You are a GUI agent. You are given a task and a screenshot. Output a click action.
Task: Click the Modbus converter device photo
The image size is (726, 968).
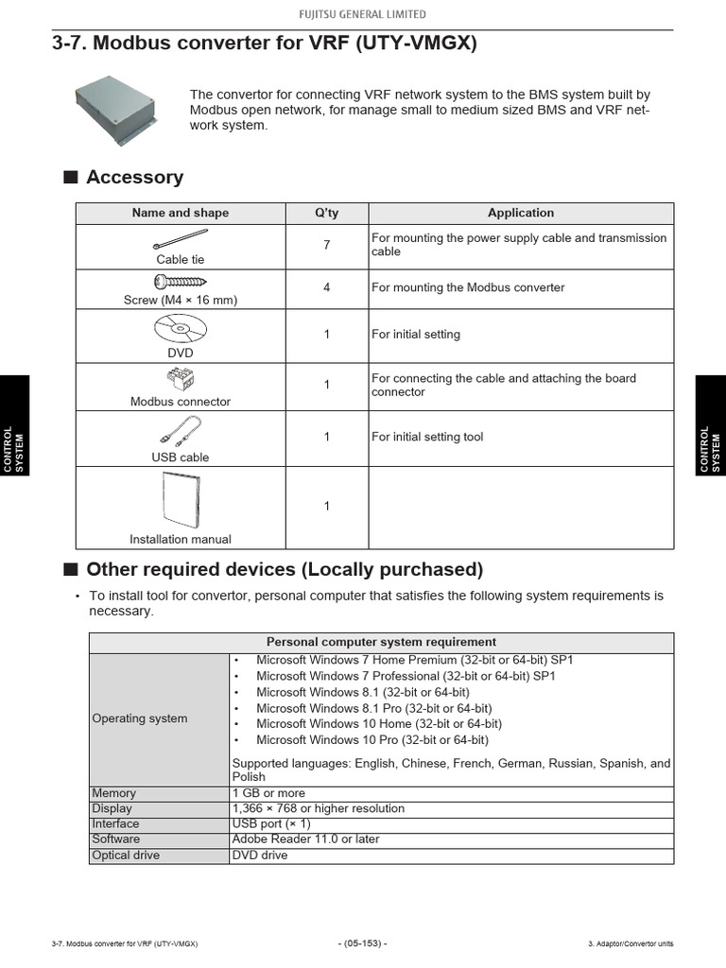click(x=116, y=110)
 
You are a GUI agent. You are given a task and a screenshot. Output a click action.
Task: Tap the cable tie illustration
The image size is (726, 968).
click(x=180, y=238)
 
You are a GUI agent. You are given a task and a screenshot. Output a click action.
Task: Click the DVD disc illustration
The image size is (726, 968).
click(x=179, y=330)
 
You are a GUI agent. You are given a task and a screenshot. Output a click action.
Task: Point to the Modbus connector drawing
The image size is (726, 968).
click(x=180, y=380)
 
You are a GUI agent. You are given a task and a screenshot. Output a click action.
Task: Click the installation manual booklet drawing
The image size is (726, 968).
click(x=180, y=500)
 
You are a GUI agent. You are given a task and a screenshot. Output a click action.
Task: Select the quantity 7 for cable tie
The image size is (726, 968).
click(x=327, y=245)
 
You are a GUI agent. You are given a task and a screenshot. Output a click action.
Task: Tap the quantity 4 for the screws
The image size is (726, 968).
click(x=327, y=287)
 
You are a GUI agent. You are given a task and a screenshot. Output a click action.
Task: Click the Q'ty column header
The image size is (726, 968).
click(x=327, y=213)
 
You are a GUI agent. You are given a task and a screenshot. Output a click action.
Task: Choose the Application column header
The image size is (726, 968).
click(x=520, y=213)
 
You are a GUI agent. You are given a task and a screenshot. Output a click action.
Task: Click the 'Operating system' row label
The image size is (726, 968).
click(x=140, y=718)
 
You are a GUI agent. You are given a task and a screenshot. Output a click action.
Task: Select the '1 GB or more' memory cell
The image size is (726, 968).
click(x=268, y=793)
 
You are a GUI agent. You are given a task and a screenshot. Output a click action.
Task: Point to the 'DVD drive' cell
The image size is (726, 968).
click(x=260, y=856)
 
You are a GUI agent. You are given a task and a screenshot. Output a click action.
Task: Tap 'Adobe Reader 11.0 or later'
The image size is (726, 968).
click(x=305, y=839)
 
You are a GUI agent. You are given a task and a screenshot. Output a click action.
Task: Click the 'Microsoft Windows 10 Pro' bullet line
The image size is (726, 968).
click(x=372, y=740)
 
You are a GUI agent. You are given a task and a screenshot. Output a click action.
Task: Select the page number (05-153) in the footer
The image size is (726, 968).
click(x=363, y=943)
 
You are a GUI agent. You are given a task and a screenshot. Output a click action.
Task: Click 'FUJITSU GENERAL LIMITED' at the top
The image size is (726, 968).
click(x=363, y=14)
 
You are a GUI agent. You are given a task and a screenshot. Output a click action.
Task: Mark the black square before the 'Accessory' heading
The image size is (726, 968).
click(x=70, y=178)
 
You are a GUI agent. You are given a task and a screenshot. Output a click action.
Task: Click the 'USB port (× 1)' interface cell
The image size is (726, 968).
click(x=270, y=824)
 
